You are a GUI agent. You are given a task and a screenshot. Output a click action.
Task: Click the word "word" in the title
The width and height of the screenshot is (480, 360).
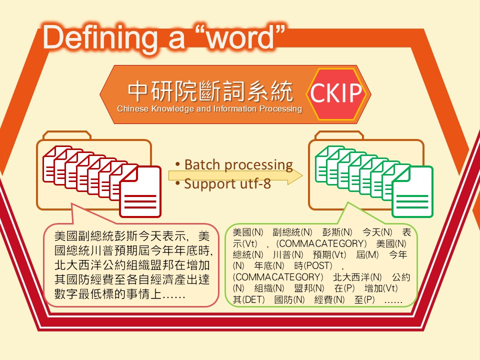click(x=240, y=38)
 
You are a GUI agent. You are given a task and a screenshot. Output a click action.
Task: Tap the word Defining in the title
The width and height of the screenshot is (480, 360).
click(x=99, y=39)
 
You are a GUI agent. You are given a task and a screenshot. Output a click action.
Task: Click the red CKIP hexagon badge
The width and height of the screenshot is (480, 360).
click(x=336, y=93)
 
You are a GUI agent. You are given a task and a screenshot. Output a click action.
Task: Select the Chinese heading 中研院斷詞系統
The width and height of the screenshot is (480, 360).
click(x=210, y=91)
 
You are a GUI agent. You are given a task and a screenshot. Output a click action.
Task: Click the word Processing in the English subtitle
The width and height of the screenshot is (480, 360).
click(x=280, y=108)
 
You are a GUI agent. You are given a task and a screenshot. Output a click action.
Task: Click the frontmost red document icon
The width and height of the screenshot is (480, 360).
click(x=140, y=192)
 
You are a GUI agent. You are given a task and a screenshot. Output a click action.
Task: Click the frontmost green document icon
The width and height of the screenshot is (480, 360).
click(x=412, y=192)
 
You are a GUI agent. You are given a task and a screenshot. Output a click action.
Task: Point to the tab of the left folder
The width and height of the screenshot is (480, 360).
click(x=67, y=135)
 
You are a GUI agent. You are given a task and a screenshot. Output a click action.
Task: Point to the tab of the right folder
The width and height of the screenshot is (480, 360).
click(x=339, y=135)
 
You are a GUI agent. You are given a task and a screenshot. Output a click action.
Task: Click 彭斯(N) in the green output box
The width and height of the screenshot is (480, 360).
click(x=337, y=232)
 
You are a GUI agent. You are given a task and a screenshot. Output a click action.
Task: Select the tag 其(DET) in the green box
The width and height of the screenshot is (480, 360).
click(x=248, y=299)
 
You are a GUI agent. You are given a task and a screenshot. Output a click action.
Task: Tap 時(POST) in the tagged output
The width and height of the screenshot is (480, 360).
click(x=313, y=265)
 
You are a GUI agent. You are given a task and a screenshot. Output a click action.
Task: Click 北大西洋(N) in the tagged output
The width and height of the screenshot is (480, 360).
click(x=357, y=277)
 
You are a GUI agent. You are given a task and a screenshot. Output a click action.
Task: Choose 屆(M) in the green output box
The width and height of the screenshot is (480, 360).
click(x=367, y=254)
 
